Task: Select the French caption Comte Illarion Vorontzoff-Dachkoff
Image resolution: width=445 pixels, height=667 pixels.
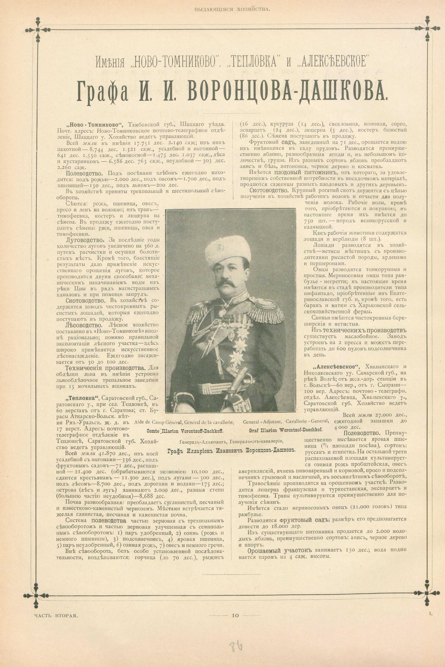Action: coord(184,430)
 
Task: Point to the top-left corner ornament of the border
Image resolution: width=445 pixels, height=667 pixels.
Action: coord(37,29)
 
